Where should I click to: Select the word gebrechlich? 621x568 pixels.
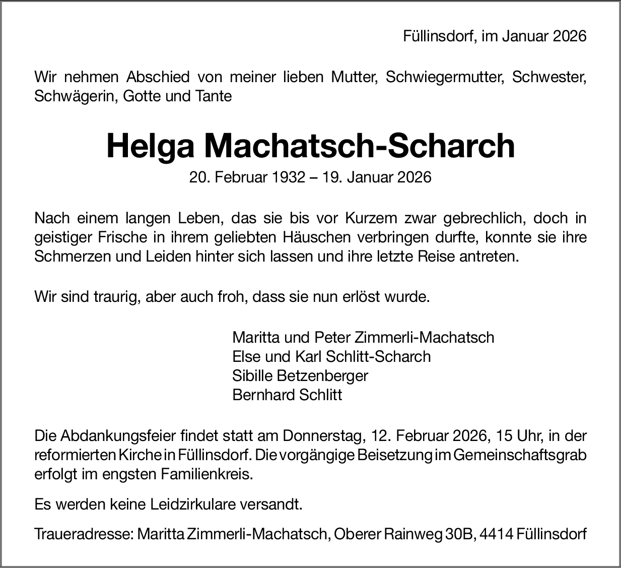pyautogui.click(x=483, y=219)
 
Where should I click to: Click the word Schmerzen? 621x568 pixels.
pyautogui.click(x=72, y=256)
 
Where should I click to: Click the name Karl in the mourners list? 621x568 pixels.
pyautogui.click(x=308, y=356)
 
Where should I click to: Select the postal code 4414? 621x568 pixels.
pyautogui.click(x=497, y=534)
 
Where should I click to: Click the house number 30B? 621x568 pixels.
pyautogui.click(x=458, y=534)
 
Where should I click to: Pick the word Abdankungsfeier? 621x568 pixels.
pyautogui.click(x=119, y=435)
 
